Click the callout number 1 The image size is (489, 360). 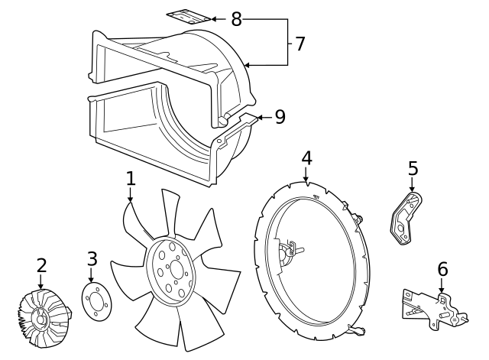click(x=131, y=178)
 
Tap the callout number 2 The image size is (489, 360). click(x=41, y=265)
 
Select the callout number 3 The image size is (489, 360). click(x=92, y=259)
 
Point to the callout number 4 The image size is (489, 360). click(x=306, y=157)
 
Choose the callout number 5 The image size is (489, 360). click(x=413, y=167)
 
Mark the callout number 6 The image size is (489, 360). click(x=442, y=269)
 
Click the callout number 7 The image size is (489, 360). click(x=300, y=44)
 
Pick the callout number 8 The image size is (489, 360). click(x=236, y=19)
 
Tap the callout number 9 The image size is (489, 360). click(x=280, y=117)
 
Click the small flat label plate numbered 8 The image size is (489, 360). click(x=189, y=16)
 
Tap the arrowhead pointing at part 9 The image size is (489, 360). click(x=260, y=117)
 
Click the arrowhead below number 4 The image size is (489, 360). click(x=306, y=180)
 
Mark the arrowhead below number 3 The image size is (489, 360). click(x=92, y=281)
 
